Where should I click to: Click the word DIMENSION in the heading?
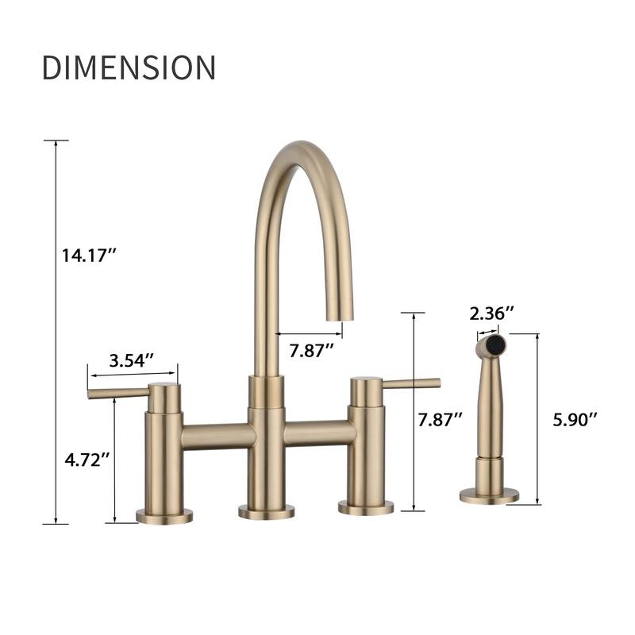pyautogui.click(x=129, y=67)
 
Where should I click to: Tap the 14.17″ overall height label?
pyautogui.click(x=90, y=256)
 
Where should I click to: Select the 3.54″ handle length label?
pyautogui.click(x=131, y=360)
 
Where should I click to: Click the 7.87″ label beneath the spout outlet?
pyautogui.click(x=310, y=350)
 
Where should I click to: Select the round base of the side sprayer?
pyautogui.click(x=489, y=496)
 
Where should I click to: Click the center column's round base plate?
pyautogui.click(x=267, y=512)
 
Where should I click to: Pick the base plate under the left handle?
pyautogui.click(x=164, y=516)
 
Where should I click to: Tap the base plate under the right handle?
pyautogui.click(x=366, y=507)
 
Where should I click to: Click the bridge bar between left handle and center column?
pyautogui.click(x=217, y=436)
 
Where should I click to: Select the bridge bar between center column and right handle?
pyautogui.click(x=317, y=433)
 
